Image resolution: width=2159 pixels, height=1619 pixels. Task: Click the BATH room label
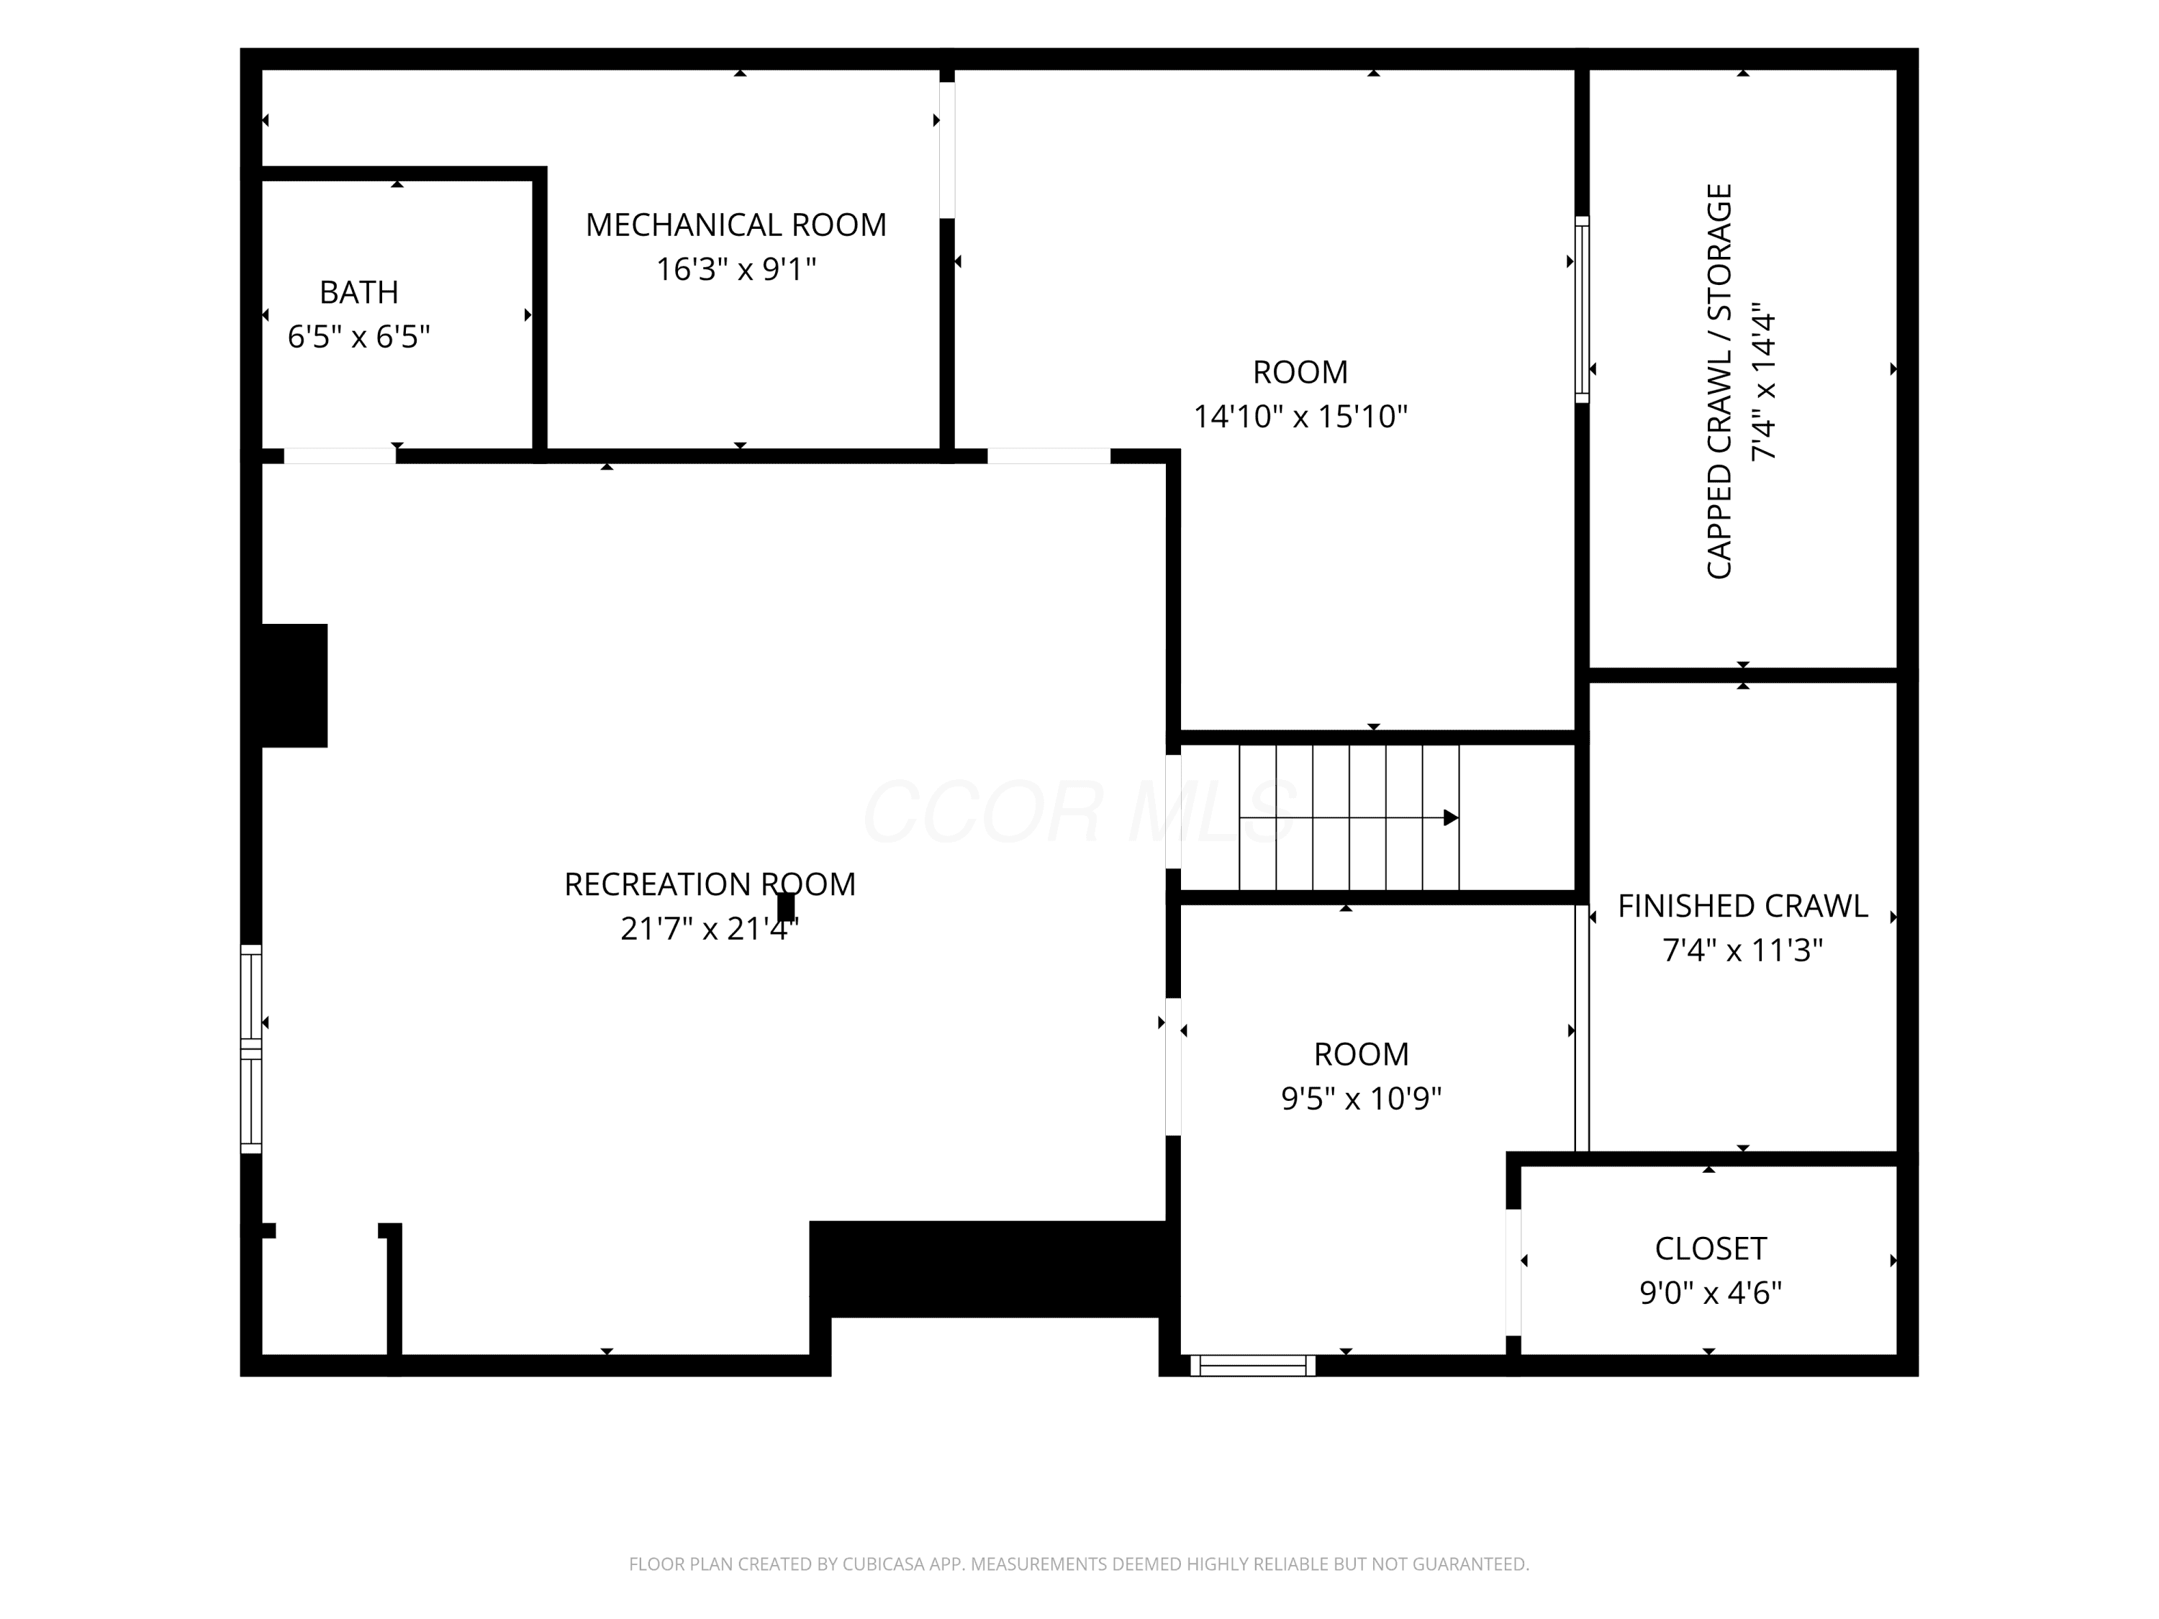pos(359,292)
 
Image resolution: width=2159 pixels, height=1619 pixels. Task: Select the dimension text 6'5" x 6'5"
pos(359,337)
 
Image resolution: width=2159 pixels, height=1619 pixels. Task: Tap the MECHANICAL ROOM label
pos(736,225)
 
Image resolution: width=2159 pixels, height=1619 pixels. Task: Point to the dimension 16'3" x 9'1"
pos(736,268)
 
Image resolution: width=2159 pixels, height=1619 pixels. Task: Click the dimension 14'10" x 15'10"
pos(1301,417)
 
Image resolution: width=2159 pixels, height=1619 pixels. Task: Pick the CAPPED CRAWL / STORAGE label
pos(1719,381)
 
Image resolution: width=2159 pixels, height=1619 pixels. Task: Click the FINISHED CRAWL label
pos(1743,906)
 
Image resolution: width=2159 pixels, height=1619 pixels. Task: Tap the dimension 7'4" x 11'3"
pos(1743,950)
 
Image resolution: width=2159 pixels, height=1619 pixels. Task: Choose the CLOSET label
pos(1711,1248)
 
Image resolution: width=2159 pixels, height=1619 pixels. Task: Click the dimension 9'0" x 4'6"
pos(1711,1293)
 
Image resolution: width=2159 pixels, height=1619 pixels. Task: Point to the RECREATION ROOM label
pos(710,884)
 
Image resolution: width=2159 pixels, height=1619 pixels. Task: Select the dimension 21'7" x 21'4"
pos(710,928)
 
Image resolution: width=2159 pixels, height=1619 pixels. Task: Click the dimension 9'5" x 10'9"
pos(1362,1099)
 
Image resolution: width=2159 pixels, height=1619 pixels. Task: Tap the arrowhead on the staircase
pos(1452,818)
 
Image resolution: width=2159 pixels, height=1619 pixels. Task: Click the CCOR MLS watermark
pos(1079,811)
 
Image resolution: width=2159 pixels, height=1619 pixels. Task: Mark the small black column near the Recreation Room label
pos(786,907)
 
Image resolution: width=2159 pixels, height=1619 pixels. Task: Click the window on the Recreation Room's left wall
pos(252,1049)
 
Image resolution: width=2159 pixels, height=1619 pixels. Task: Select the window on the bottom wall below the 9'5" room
pos(1253,1365)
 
